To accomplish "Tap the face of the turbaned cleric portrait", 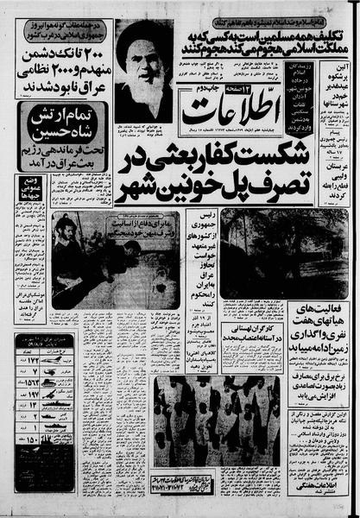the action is [142, 61].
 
